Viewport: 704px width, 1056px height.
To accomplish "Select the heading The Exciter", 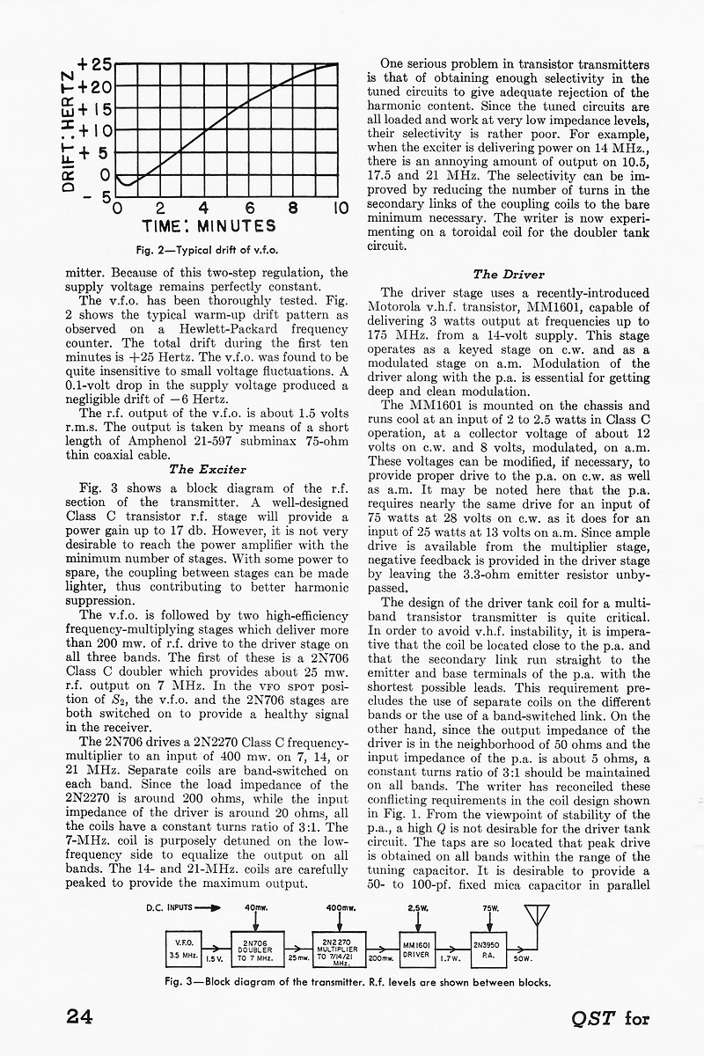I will coord(207,470).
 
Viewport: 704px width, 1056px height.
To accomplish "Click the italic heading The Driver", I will coord(509,275).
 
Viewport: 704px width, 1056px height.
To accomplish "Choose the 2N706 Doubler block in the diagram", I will coord(253,948).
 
